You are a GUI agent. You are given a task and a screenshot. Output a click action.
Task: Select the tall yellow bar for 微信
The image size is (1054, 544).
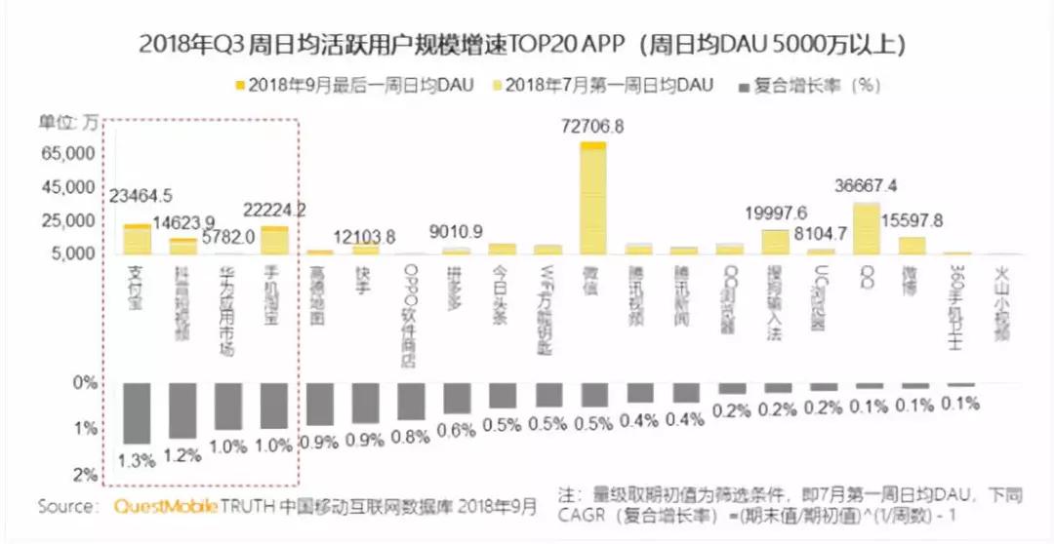click(x=592, y=200)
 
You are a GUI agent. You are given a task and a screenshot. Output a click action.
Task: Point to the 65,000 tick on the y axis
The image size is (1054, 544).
click(x=65, y=154)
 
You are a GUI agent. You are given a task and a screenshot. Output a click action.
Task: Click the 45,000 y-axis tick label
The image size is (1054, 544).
click(x=65, y=188)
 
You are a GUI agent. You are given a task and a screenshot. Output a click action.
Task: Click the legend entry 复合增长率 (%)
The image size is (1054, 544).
click(x=810, y=86)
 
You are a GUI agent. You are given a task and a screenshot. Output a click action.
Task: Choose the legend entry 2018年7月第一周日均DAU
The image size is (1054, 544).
click(x=605, y=86)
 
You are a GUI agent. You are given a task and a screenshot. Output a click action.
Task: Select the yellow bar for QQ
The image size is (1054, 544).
click(x=866, y=229)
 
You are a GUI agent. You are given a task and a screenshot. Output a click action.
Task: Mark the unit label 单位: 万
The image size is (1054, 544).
click(x=69, y=122)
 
